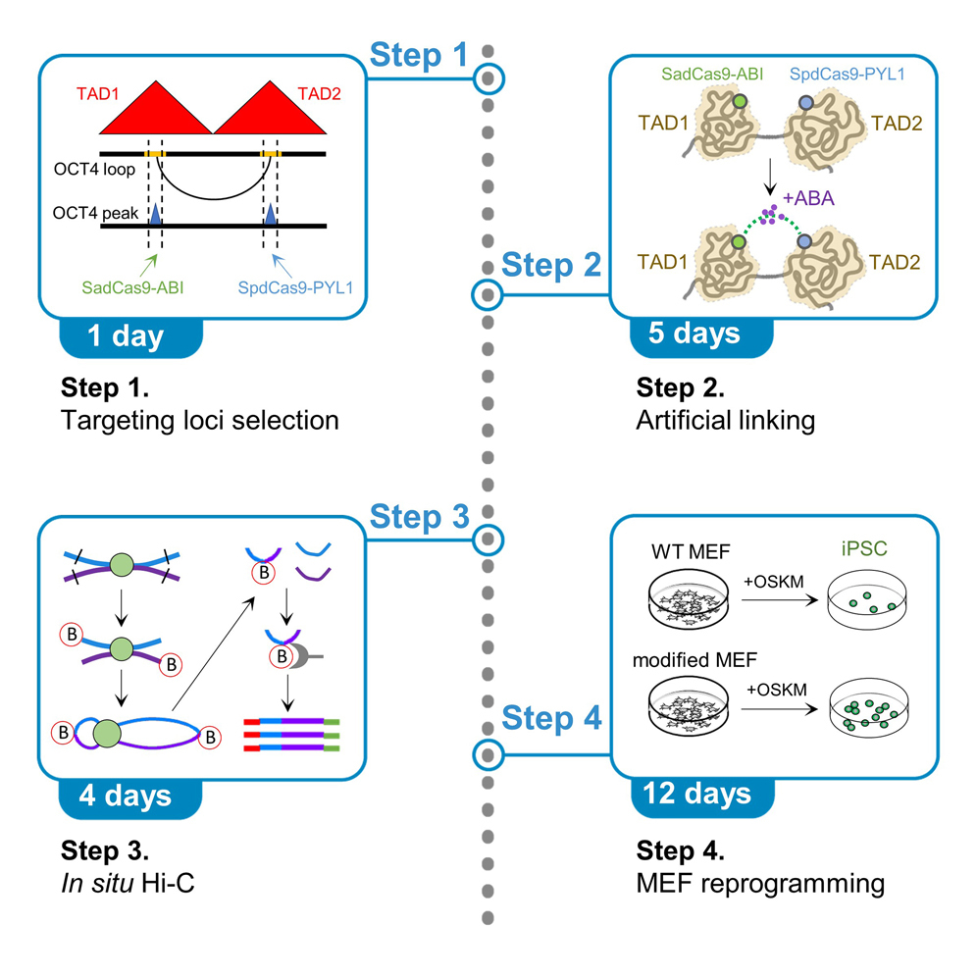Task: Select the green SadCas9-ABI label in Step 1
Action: (134, 289)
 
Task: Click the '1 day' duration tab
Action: (126, 337)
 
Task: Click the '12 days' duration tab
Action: (698, 792)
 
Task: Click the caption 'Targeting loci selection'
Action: (199, 421)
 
